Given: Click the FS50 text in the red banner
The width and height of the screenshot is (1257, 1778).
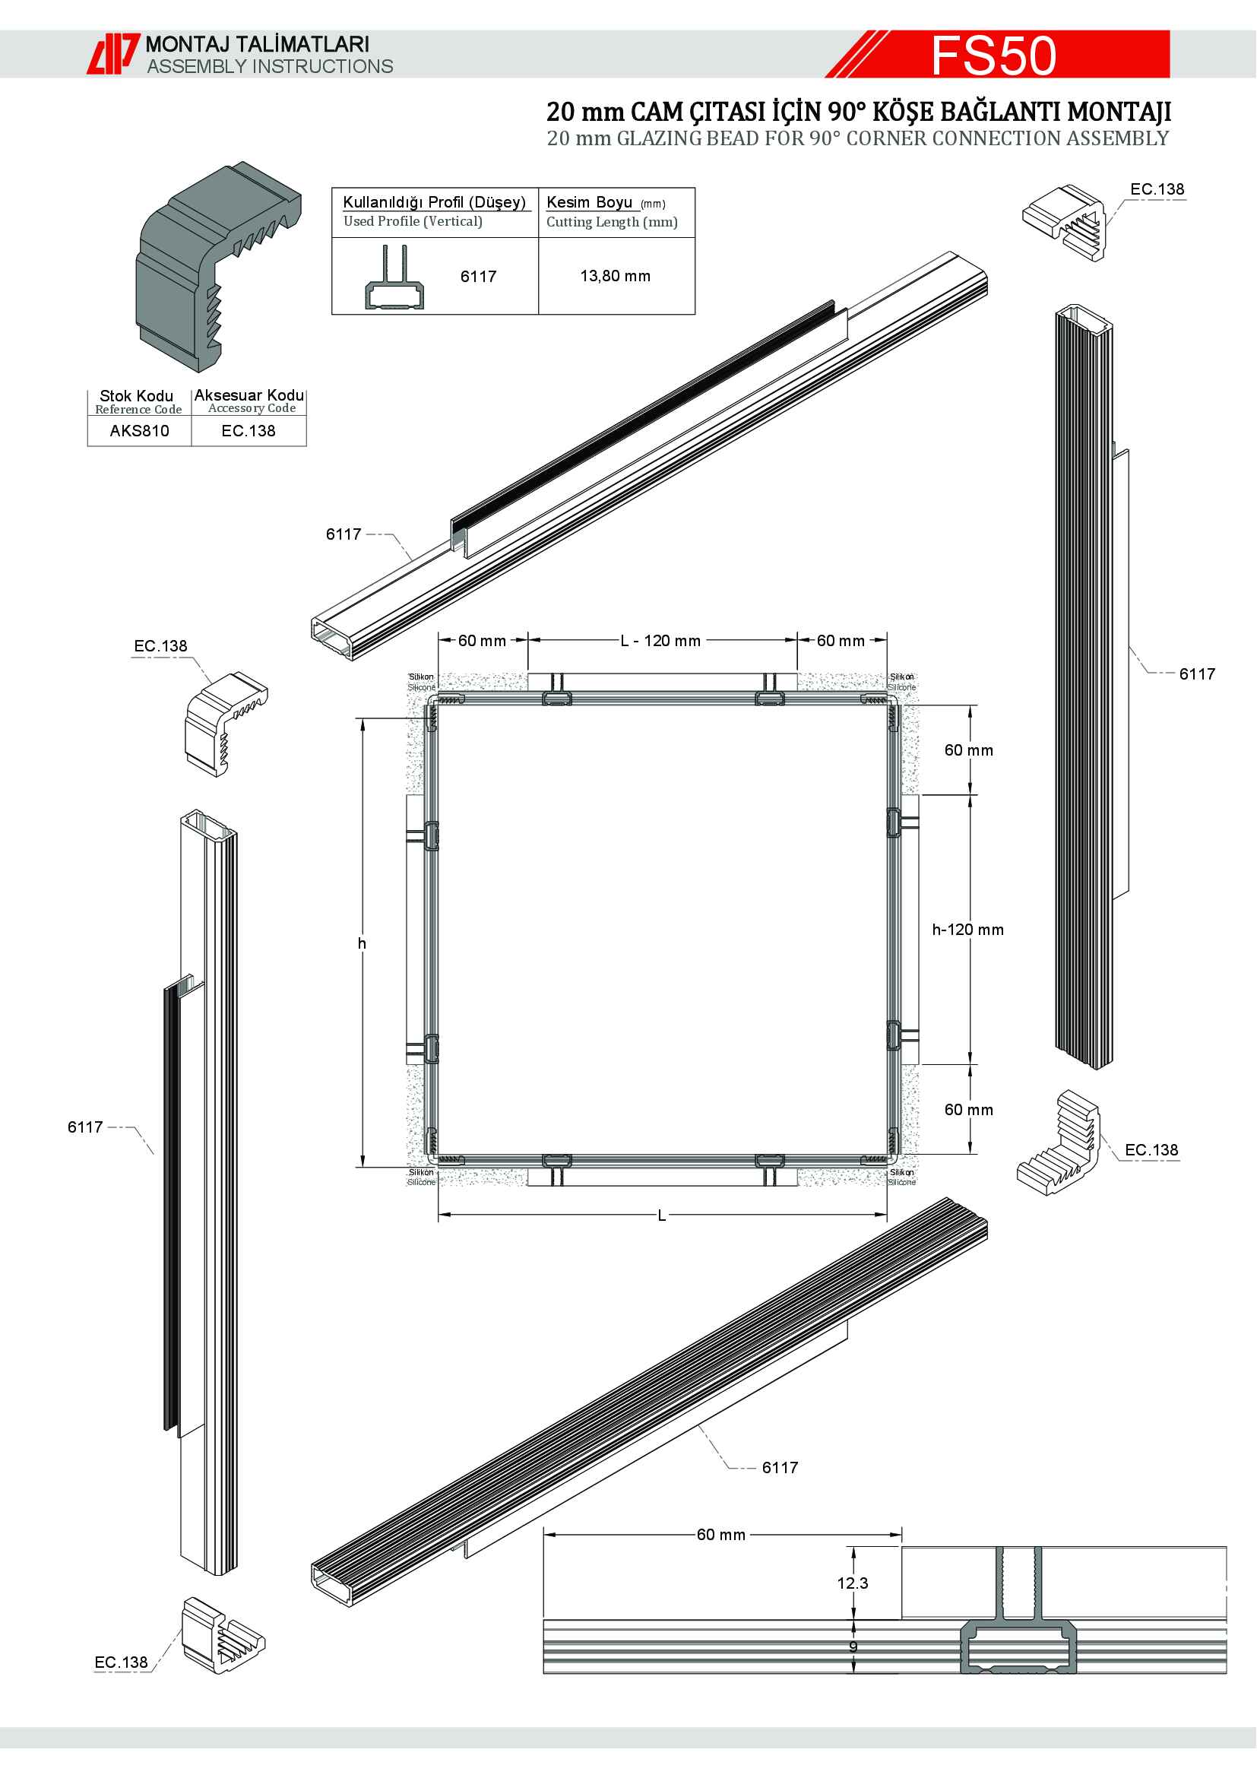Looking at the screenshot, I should [993, 55].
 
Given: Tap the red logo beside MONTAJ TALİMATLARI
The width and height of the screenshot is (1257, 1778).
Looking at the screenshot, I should [113, 53].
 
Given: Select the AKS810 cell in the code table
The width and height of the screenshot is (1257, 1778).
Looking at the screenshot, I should [139, 431].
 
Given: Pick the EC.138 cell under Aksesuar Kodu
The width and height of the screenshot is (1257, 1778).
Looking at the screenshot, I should [249, 431].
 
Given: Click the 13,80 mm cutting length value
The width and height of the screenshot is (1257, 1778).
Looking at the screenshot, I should [616, 277].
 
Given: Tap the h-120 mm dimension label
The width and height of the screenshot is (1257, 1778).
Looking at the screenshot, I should [967, 930].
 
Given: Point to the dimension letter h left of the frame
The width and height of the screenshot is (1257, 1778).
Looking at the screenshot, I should [362, 943].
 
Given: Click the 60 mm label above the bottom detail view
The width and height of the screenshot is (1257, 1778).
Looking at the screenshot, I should [720, 1535].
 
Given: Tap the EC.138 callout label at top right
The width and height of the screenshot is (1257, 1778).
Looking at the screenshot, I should [1157, 190].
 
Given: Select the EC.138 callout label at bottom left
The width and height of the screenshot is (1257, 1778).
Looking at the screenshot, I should [121, 1662].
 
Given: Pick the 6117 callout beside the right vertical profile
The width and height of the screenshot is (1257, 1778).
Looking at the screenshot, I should [1197, 674].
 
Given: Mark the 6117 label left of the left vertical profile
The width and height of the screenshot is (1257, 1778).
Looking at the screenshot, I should [85, 1127].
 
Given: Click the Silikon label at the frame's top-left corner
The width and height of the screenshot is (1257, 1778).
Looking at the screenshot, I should [421, 677].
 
